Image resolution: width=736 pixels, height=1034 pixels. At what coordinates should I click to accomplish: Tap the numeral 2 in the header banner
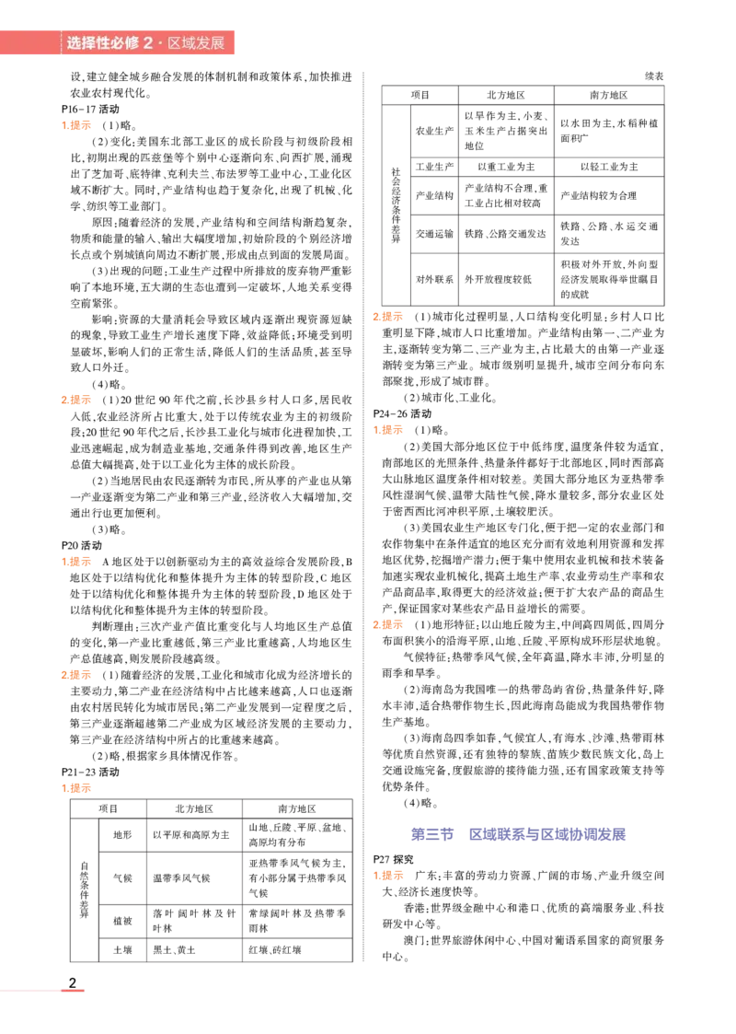point(148,43)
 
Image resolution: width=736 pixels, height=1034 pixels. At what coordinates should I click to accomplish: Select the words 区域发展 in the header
point(196,43)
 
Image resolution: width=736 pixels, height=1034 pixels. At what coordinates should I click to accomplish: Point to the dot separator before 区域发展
point(160,43)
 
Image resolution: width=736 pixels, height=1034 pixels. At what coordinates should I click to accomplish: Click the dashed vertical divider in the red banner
point(62,43)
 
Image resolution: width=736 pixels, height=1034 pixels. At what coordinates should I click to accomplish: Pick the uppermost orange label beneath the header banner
point(77,125)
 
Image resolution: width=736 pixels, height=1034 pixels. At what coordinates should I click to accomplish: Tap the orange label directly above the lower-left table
point(77,788)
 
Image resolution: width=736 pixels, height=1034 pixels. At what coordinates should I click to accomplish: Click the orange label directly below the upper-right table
point(386,317)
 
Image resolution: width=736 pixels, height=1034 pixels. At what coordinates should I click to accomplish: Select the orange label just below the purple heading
point(387,876)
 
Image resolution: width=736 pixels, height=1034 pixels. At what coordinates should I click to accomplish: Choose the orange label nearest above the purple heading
point(386,626)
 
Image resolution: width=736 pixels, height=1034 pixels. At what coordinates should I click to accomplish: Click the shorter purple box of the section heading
point(430,835)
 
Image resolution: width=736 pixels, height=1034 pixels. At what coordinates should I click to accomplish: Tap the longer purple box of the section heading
point(546,835)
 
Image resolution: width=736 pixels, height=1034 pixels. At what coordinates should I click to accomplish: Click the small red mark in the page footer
point(74,991)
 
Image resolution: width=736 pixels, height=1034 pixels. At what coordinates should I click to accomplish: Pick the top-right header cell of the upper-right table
point(610,95)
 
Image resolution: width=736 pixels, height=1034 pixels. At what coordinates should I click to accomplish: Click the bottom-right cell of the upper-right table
point(610,279)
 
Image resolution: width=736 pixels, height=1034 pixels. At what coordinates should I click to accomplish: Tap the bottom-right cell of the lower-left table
point(296,949)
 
